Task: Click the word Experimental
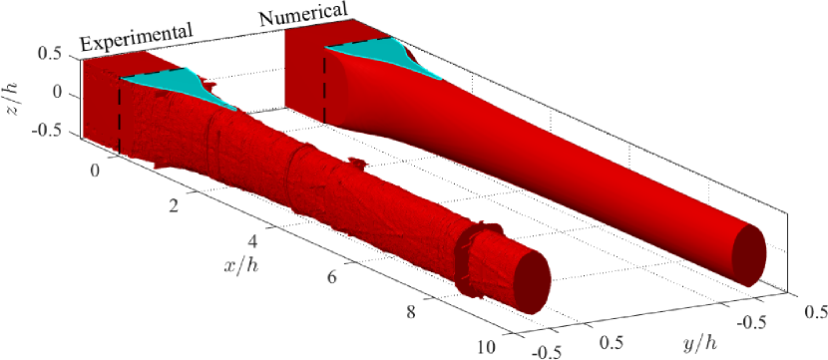pyautogui.click(x=136, y=38)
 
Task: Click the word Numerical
pyautogui.click(x=303, y=14)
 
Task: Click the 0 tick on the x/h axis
pyautogui.click(x=95, y=172)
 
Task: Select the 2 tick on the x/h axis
pyautogui.click(x=174, y=206)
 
